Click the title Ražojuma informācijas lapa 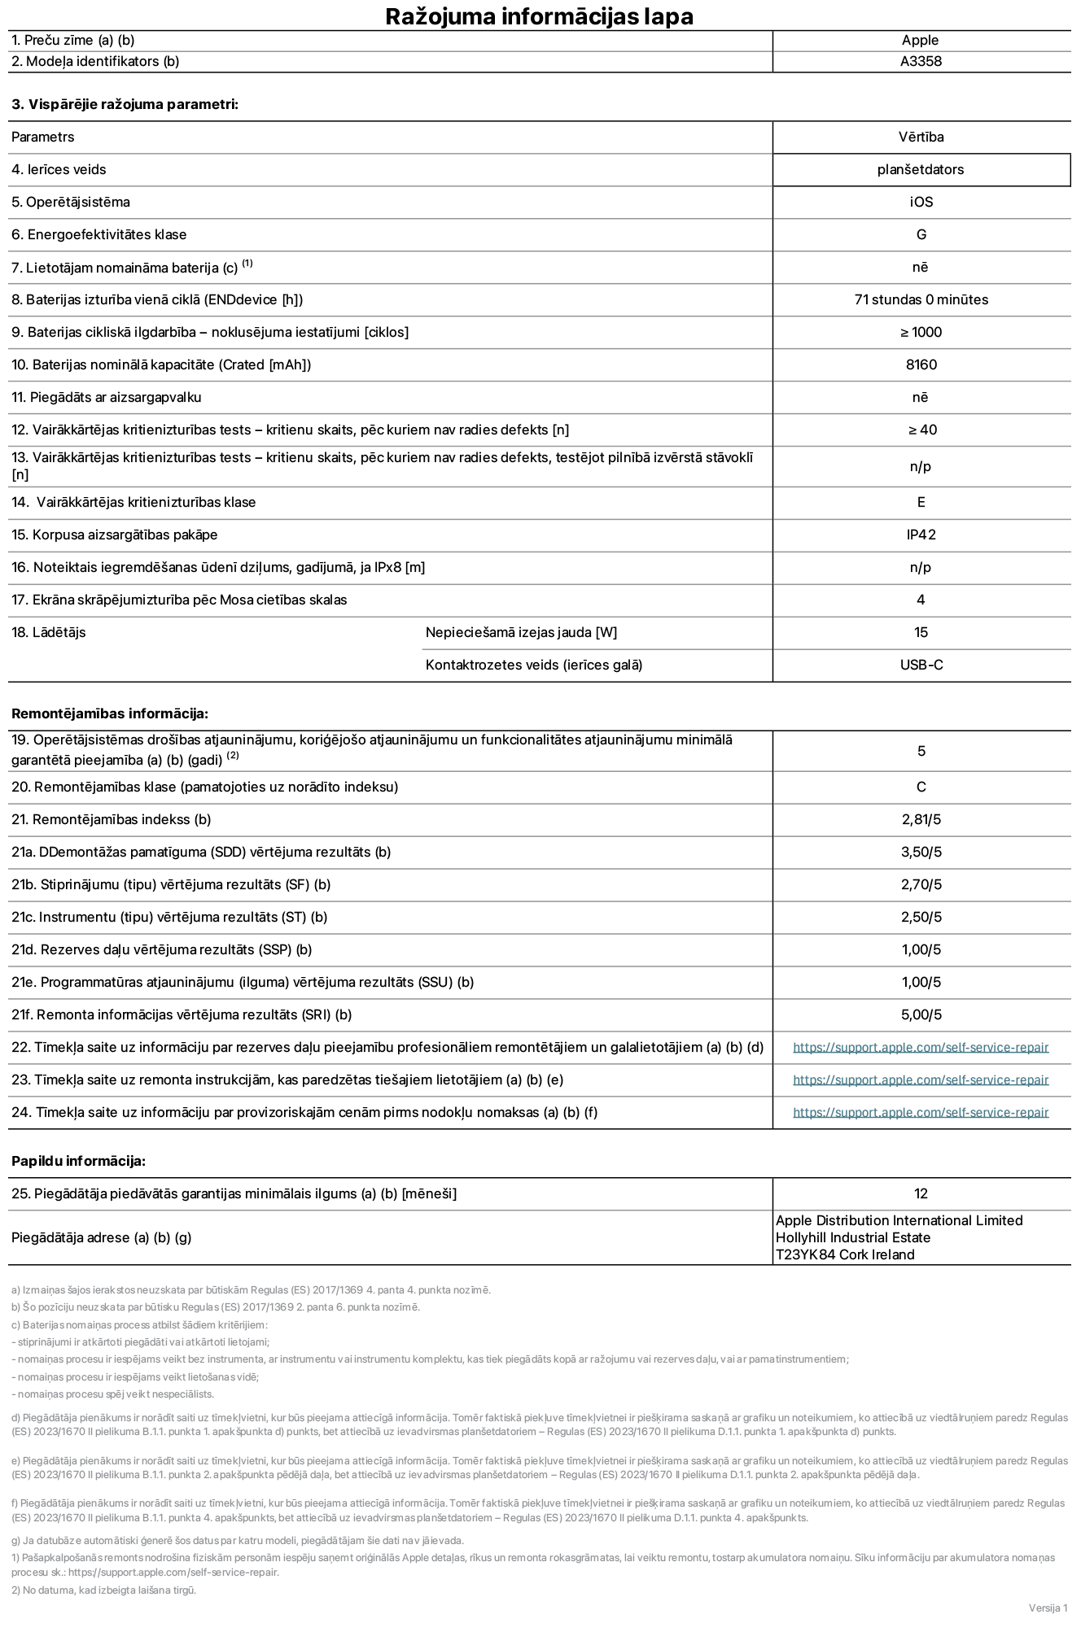[x=539, y=16]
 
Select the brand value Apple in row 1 [x=920, y=40]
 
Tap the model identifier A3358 [x=921, y=61]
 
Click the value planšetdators [x=921, y=169]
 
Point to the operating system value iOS [x=921, y=202]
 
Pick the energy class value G [x=921, y=234]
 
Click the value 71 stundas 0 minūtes [x=921, y=299]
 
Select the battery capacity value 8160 [x=921, y=364]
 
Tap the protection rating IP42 [x=921, y=534]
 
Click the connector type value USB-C [x=921, y=665]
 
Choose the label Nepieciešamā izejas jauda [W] [x=521, y=632]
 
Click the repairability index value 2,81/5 [x=921, y=819]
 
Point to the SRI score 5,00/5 [x=921, y=1014]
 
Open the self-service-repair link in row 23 [x=920, y=1080]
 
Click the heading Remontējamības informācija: [x=110, y=713]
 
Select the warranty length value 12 [x=921, y=1193]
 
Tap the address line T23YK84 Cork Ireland [x=845, y=1254]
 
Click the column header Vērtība [x=921, y=137]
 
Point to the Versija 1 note [x=1048, y=1607]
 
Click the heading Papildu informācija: [x=78, y=1161]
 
